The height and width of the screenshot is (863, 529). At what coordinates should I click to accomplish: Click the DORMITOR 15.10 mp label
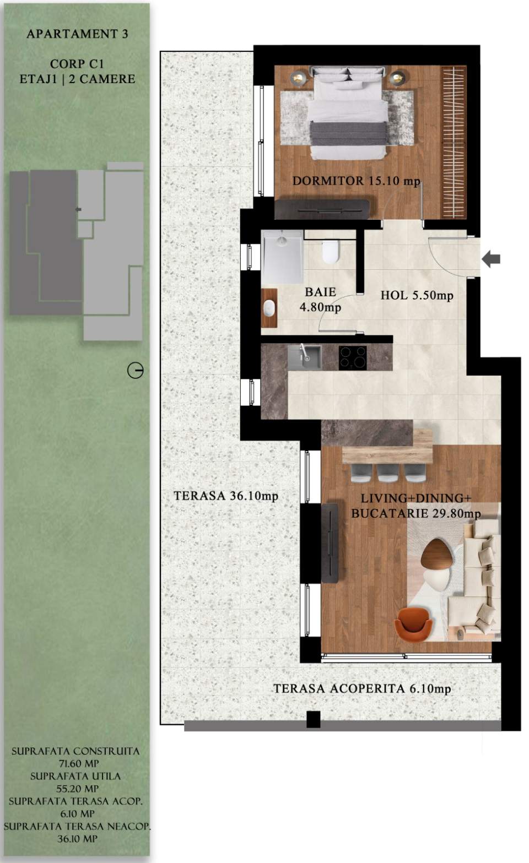[356, 181]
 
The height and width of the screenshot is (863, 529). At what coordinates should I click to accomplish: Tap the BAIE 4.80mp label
[320, 300]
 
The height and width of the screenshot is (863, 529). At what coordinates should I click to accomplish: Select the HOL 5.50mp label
[417, 295]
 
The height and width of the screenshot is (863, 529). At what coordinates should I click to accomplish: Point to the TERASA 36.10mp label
[226, 496]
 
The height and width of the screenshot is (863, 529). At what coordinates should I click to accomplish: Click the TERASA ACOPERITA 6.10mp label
[362, 688]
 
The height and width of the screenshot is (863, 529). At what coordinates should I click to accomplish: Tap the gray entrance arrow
[491, 258]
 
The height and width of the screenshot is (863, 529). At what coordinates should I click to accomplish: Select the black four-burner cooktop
[353, 357]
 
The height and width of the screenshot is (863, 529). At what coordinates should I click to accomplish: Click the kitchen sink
[304, 357]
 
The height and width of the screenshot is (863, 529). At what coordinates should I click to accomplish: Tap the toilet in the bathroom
[330, 252]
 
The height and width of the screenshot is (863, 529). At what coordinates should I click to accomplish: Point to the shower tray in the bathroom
[283, 257]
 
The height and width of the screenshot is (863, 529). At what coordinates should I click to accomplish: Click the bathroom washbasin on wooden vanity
[269, 308]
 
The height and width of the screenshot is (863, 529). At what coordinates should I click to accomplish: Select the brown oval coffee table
[436, 553]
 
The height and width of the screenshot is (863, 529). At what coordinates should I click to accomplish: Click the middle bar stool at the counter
[387, 473]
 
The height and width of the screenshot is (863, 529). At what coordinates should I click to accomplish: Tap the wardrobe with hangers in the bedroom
[454, 142]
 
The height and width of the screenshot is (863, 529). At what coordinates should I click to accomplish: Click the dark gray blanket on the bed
[347, 133]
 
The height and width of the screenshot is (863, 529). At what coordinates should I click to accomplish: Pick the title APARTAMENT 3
[77, 34]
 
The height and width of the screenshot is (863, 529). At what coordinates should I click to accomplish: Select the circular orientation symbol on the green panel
[135, 370]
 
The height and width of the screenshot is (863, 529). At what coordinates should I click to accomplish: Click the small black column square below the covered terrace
[313, 719]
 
